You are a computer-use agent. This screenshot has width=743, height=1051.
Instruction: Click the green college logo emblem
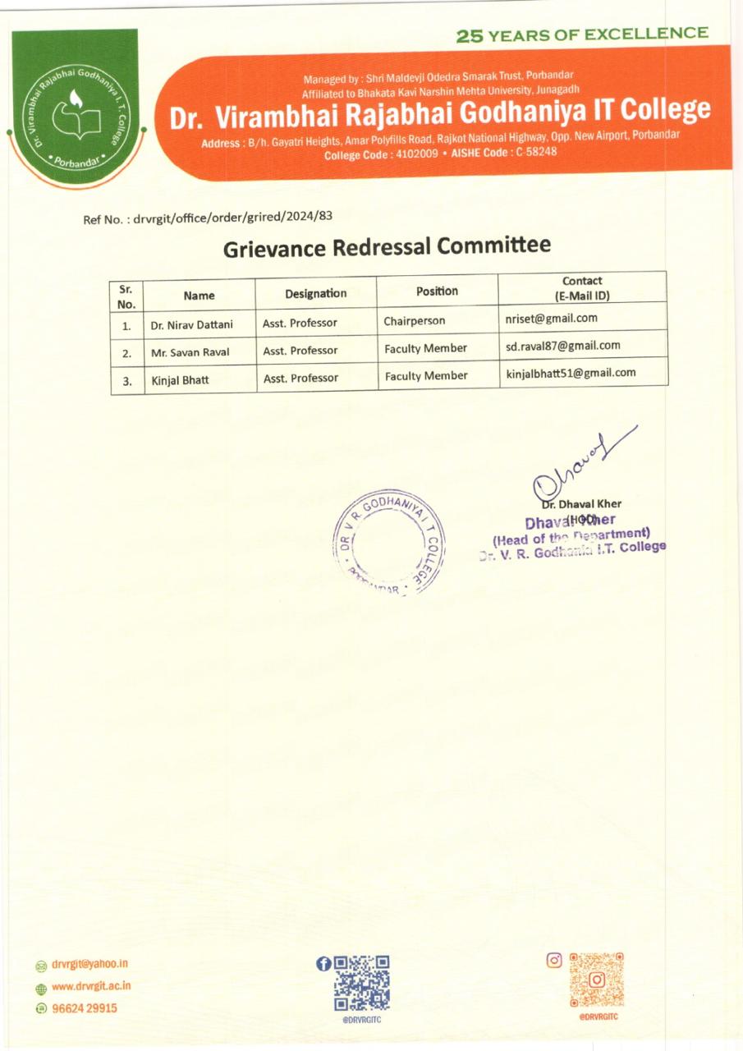pyautogui.click(x=74, y=108)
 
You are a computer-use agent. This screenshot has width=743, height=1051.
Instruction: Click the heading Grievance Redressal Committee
pyautogui.click(x=387, y=246)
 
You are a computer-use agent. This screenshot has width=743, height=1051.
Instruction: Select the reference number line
pyautogui.click(x=207, y=218)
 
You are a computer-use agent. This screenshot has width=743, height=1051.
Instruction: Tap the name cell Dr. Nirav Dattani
pyautogui.click(x=191, y=324)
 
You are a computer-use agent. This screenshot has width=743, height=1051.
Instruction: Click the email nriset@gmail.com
pyautogui.click(x=552, y=318)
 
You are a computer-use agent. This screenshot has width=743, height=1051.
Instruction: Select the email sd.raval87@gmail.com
pyautogui.click(x=563, y=346)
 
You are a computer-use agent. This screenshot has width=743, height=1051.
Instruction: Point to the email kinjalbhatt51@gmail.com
pyautogui.click(x=571, y=372)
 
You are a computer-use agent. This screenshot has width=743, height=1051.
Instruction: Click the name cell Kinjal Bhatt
pyautogui.click(x=174, y=379)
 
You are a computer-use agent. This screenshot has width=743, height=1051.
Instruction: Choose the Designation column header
pyautogui.click(x=316, y=293)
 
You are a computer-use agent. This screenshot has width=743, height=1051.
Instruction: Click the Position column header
pyautogui.click(x=437, y=291)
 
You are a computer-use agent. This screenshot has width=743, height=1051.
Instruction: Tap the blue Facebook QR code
pyautogui.click(x=362, y=982)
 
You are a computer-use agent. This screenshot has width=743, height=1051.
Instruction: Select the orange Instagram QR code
pyautogui.click(x=597, y=980)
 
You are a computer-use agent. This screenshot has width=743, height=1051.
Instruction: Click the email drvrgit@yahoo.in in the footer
pyautogui.click(x=89, y=964)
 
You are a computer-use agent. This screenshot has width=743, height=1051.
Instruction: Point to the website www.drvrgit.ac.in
pyautogui.click(x=91, y=986)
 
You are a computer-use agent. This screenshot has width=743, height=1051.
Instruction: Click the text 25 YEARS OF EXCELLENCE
pyautogui.click(x=582, y=34)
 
